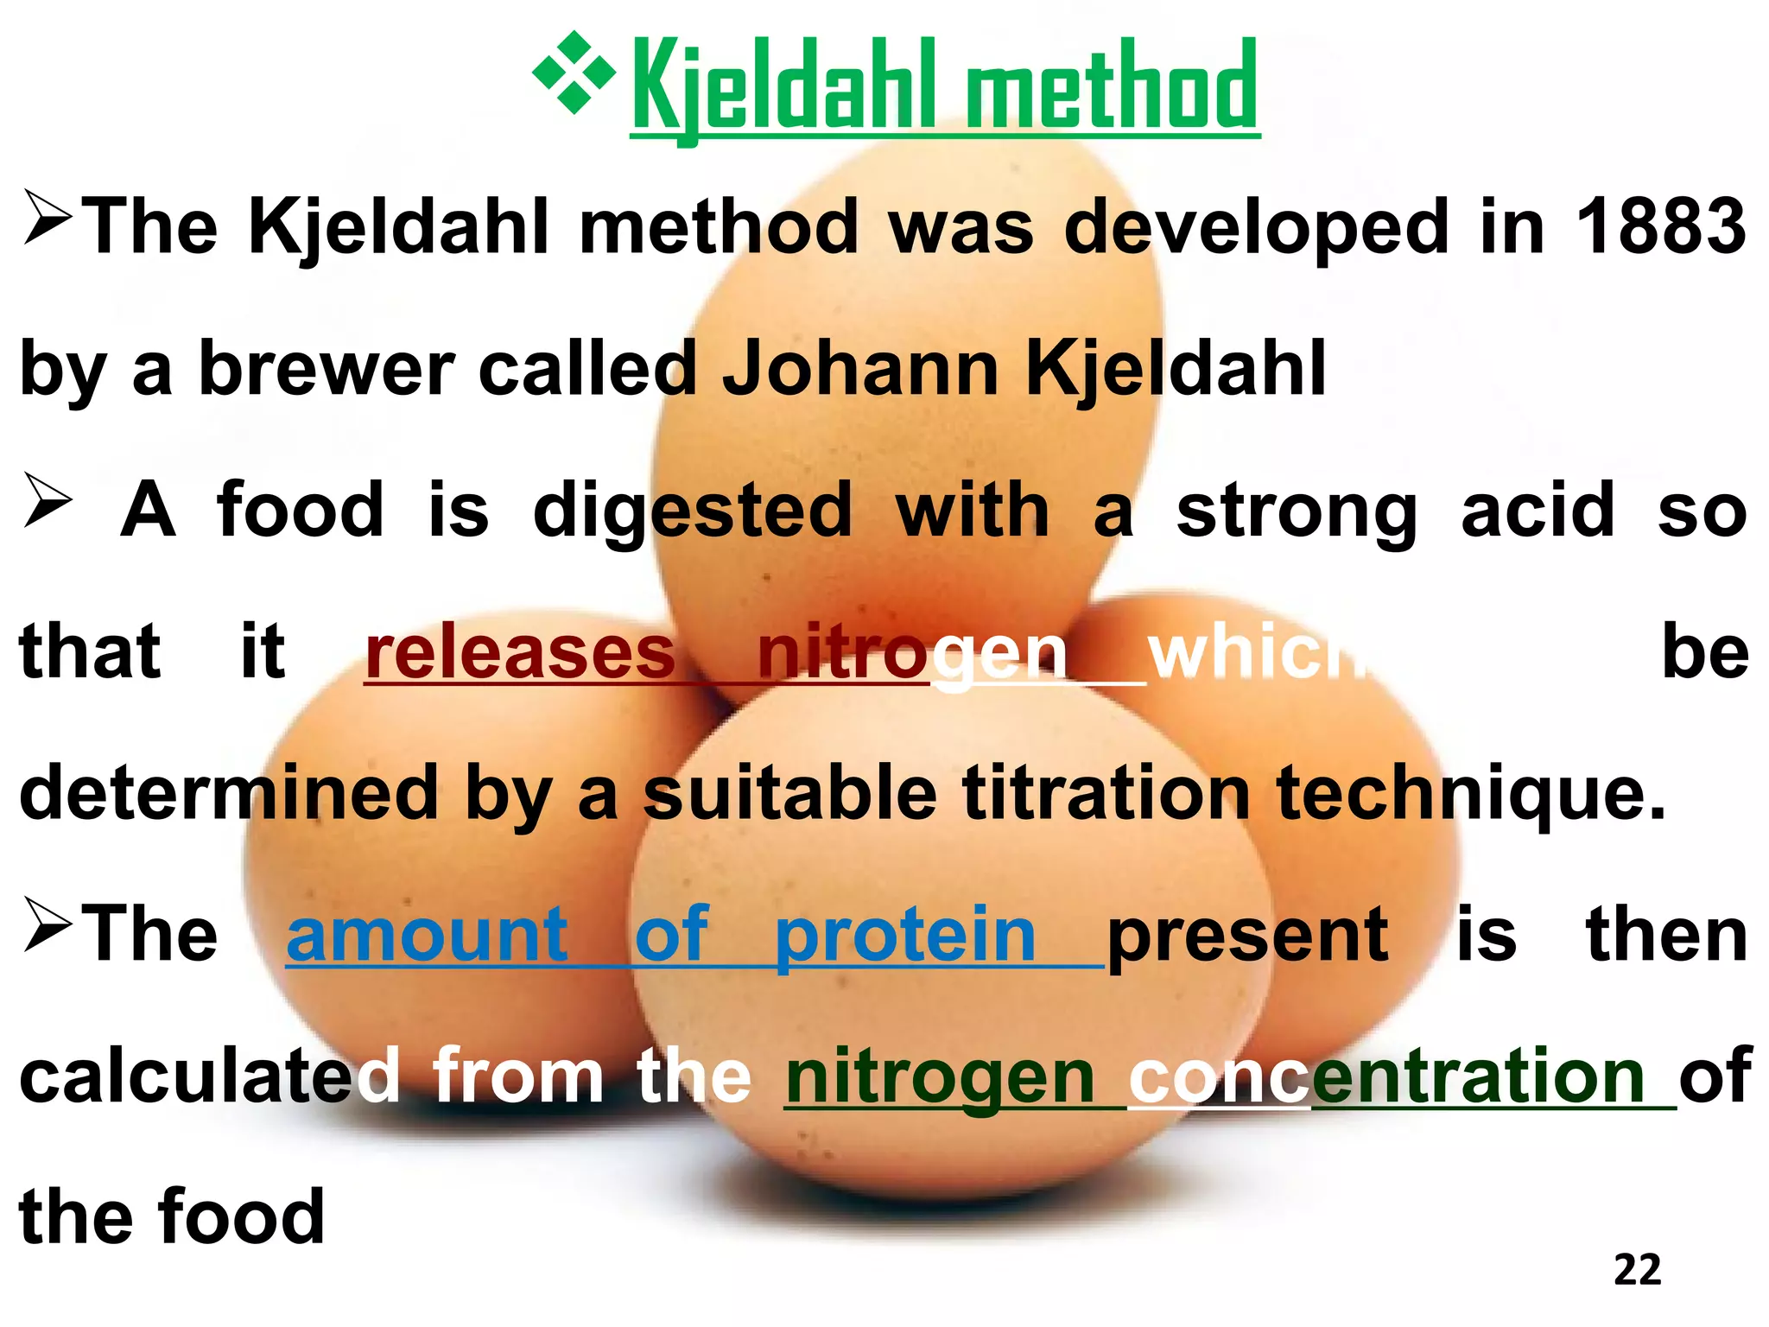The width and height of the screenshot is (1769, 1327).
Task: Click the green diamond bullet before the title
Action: pos(574,73)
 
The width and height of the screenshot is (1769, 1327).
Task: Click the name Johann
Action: pos(860,369)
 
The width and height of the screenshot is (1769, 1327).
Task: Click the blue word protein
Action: pos(904,935)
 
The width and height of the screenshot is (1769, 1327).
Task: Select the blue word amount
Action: pos(427,935)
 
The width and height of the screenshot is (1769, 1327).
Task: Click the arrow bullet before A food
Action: pos(48,501)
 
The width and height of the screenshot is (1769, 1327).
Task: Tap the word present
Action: pos(1247,937)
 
